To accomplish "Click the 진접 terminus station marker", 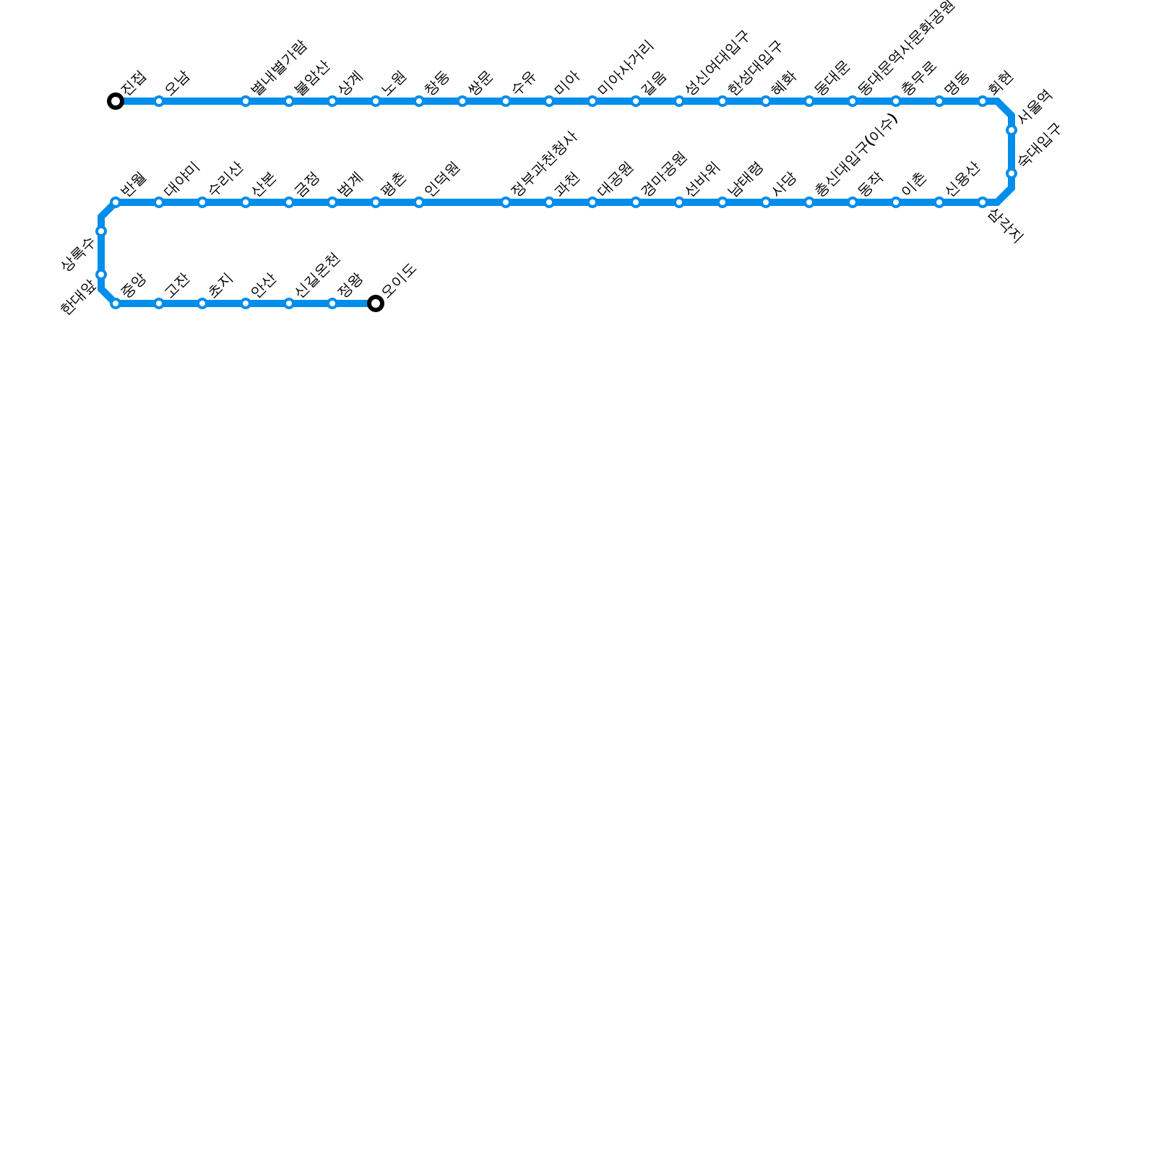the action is pyautogui.click(x=116, y=101).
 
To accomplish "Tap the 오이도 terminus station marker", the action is pyautogui.click(x=376, y=303).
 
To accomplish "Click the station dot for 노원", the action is pyautogui.click(x=376, y=101).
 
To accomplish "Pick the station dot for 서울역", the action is pyautogui.click(x=1011, y=130).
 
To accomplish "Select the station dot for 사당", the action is pyautogui.click(x=766, y=202).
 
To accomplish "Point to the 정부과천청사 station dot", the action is pyautogui.click(x=506, y=202).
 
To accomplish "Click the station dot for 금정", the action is pyautogui.click(x=289, y=202).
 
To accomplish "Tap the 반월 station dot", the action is pyautogui.click(x=116, y=202).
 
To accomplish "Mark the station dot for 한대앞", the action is pyautogui.click(x=101, y=275).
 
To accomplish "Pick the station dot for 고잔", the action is pyautogui.click(x=159, y=303).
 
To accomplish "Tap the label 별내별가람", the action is pyautogui.click(x=279, y=68).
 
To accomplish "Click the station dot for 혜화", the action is pyautogui.click(x=766, y=101).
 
